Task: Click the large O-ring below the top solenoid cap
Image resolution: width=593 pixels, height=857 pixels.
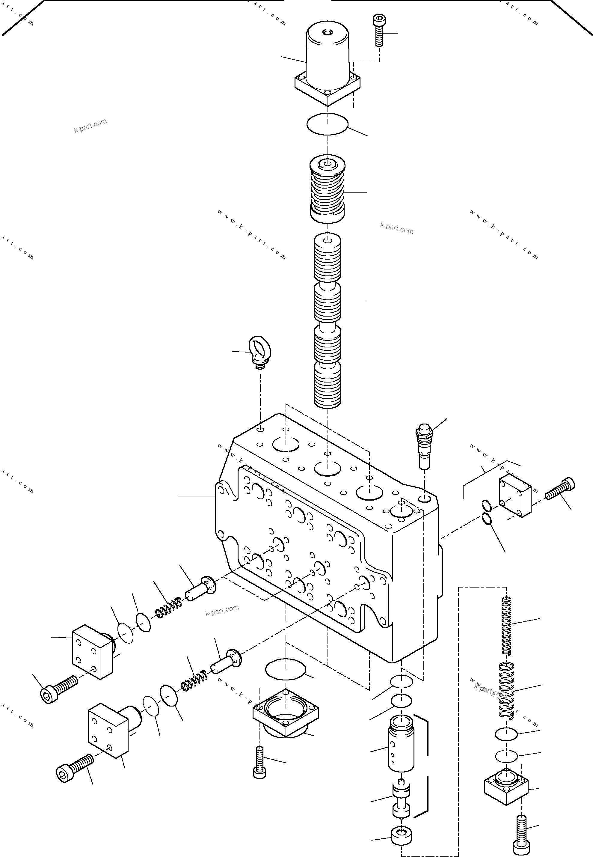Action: point(327,124)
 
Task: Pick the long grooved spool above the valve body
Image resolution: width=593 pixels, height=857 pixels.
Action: point(327,320)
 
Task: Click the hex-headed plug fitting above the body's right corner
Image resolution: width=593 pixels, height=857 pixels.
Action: point(424,445)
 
